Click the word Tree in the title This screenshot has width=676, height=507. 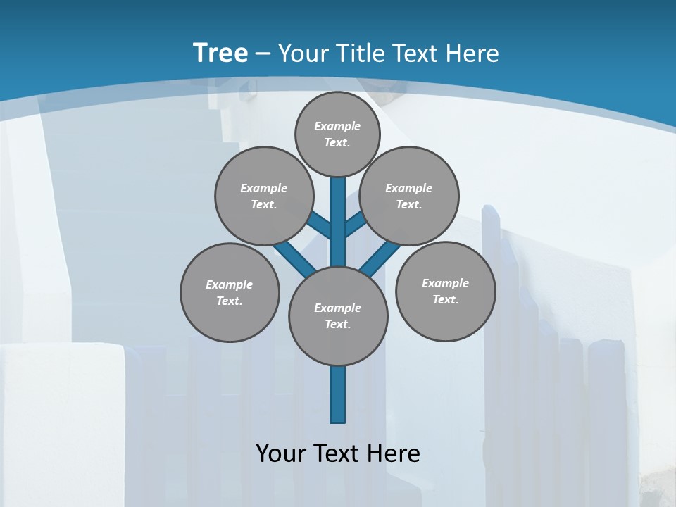coord(220,53)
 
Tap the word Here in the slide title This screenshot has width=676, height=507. coord(472,53)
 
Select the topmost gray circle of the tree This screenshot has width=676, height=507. coord(337,134)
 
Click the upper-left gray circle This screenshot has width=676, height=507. coord(263,196)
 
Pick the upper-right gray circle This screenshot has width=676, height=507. coord(409,196)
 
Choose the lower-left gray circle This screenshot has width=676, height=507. coord(230,292)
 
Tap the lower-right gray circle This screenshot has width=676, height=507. coord(445,291)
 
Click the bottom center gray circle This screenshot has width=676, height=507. coord(338,315)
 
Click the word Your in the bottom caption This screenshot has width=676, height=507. coord(280,453)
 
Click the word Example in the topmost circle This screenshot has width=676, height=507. coord(337,126)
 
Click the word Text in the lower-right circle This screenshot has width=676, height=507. coord(445,299)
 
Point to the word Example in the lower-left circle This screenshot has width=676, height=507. coord(230,284)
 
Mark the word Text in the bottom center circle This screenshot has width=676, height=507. coord(337,324)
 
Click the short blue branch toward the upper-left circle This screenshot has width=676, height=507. coord(318,225)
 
